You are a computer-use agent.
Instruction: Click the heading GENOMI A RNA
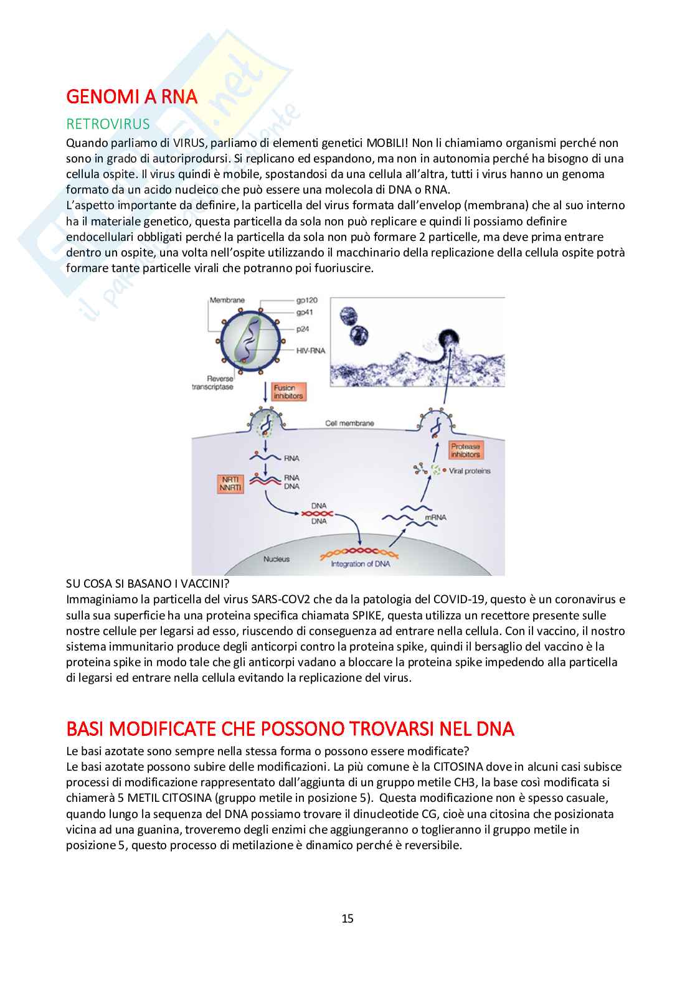131,97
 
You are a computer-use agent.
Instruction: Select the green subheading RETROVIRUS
108,124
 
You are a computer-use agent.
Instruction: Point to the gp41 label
305,313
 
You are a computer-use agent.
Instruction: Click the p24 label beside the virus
303,329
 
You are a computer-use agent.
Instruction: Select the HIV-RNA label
310,350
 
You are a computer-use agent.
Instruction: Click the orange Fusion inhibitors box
289,392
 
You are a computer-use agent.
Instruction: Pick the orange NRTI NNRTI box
230,484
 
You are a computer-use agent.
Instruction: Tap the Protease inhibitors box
466,450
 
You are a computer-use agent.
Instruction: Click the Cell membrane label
349,423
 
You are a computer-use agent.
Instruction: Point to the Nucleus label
276,559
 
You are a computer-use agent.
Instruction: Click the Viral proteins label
470,471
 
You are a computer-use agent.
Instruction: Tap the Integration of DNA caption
360,564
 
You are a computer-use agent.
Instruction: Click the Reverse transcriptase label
212,383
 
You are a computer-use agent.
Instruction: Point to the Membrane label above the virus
227,300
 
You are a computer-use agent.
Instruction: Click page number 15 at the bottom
347,918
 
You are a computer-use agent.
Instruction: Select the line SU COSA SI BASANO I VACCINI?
148,584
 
